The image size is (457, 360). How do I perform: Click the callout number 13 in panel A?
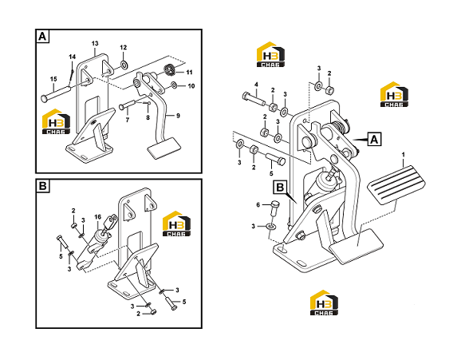[95, 43]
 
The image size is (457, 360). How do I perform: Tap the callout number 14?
[73, 57]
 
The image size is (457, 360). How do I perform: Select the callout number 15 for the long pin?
[53, 79]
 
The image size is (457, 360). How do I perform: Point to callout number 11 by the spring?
[190, 72]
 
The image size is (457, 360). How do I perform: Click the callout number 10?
[191, 85]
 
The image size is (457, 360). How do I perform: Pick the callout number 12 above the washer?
[124, 47]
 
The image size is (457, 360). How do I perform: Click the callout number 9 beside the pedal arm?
[178, 116]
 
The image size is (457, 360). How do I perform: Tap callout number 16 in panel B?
[97, 217]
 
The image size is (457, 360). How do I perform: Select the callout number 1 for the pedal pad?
[404, 154]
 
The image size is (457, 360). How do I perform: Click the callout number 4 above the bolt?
[256, 85]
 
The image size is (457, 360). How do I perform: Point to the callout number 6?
[258, 205]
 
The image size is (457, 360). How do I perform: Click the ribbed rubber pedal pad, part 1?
[396, 184]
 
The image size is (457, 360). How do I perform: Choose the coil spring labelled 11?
[169, 69]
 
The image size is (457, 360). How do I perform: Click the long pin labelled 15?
[57, 93]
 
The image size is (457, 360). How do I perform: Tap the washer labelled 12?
[124, 64]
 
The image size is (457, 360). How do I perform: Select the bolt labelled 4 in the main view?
[254, 98]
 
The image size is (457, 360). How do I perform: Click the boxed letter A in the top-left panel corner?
[42, 37]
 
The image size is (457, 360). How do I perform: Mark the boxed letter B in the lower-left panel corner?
[42, 186]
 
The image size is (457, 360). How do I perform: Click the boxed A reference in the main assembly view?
[374, 139]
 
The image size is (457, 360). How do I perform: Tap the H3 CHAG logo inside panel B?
[176, 224]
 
